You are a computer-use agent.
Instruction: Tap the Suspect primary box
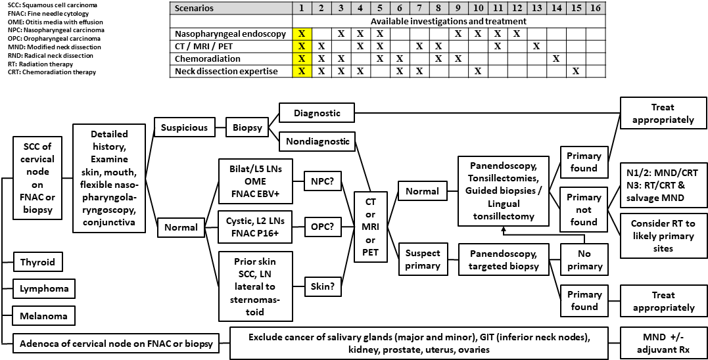tap(422, 259)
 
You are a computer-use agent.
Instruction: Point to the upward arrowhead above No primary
tap(503, 229)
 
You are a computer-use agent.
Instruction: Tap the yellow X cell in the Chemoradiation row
tap(301, 58)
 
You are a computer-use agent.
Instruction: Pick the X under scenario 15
tap(576, 70)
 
